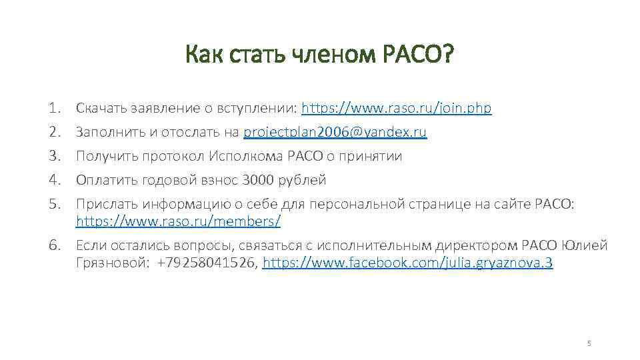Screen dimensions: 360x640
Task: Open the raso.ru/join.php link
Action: (397, 108)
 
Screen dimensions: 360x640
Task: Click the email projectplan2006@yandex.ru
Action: (335, 132)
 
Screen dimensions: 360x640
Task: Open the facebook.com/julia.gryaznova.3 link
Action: (408, 263)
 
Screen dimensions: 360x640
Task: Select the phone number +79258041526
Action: (207, 263)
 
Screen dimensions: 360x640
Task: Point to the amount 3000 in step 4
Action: (257, 180)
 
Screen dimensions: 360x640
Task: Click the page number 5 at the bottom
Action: (589, 343)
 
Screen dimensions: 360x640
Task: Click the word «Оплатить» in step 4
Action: (103, 180)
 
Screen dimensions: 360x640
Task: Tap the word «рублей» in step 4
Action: (303, 180)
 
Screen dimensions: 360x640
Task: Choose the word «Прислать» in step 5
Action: (104, 205)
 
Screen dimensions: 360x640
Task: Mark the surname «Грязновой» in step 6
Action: (113, 263)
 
